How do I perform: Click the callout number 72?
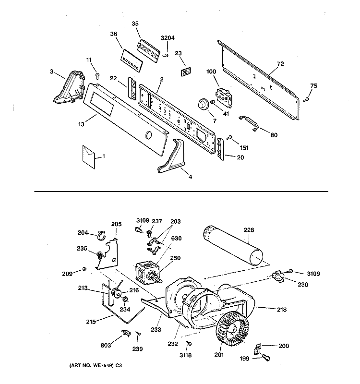(280, 64)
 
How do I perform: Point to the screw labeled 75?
(306, 99)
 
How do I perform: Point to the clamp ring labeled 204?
(102, 235)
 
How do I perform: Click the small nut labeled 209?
(84, 269)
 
